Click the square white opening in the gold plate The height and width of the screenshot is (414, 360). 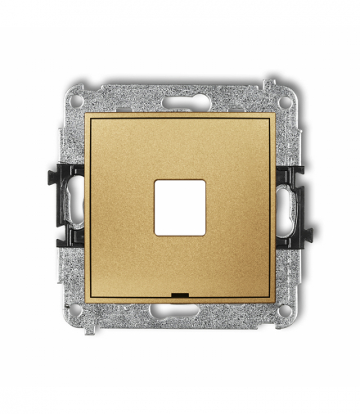click(180, 208)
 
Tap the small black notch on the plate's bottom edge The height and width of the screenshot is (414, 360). click(181, 292)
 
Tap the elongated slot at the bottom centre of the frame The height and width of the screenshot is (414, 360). click(180, 312)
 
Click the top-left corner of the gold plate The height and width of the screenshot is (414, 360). click(86, 115)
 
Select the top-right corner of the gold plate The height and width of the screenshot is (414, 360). click(275, 115)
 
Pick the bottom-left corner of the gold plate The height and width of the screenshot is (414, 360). click(86, 302)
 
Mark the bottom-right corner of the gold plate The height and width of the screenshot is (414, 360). click(275, 302)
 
